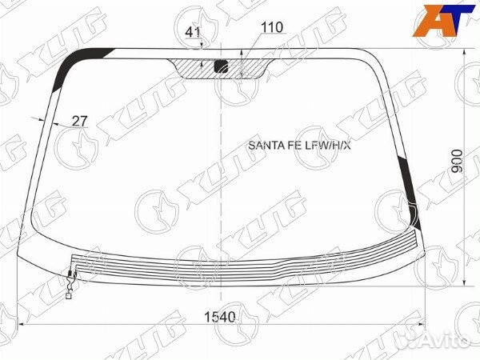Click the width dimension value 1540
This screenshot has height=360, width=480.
coord(219,317)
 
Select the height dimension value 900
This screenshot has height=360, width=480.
coord(458,161)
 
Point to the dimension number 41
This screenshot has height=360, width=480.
coord(193,32)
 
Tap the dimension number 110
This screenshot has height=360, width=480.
coord(272,27)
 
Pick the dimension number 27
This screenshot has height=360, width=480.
coord(79,122)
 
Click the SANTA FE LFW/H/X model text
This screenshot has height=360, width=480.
coord(299,146)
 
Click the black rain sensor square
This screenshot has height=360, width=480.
coord(221,66)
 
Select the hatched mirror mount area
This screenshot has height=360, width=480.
coord(221,69)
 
